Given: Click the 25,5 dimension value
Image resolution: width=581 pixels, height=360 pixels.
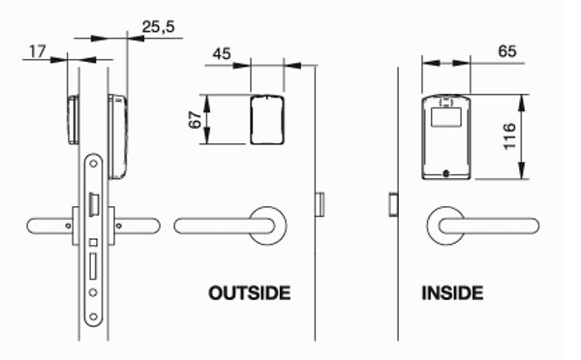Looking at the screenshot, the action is coord(158,27).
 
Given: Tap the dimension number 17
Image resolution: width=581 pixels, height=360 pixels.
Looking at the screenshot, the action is coord(38,51).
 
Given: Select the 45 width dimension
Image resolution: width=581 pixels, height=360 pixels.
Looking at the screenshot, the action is coord(222,53).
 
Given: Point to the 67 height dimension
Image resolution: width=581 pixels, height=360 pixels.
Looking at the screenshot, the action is coord(195,119).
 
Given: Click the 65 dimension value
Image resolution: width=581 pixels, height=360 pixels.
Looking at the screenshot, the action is coord(506,51).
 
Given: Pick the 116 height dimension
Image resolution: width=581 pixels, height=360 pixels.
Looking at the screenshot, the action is coord(509,135).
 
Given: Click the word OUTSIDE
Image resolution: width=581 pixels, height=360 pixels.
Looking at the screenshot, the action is coord(250,293).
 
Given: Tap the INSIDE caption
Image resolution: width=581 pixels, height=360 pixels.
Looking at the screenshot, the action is coord(452,293).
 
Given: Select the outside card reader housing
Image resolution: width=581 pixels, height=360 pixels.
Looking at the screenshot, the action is coord(267,120).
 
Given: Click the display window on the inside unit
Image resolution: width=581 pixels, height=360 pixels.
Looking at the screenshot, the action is coord(446,117).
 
